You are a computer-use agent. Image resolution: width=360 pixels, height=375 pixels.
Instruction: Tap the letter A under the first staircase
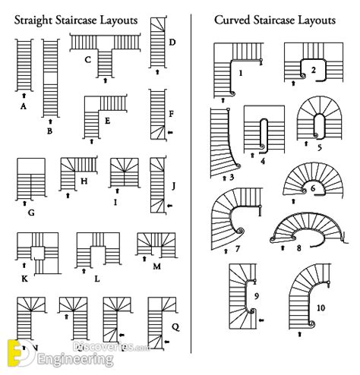[24, 107]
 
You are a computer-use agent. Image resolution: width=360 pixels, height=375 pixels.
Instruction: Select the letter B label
[50, 131]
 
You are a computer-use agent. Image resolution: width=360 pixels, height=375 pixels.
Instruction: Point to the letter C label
[88, 59]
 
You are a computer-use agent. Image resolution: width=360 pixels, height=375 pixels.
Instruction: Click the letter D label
[174, 42]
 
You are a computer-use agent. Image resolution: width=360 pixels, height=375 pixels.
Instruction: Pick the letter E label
[108, 121]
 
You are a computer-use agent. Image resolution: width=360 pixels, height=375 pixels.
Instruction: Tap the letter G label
[30, 213]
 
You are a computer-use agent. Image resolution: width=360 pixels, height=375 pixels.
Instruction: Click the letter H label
[84, 181]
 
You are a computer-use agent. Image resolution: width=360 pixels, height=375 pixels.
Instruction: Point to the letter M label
[156, 266]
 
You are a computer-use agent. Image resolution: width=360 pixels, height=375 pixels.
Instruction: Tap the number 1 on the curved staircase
[240, 74]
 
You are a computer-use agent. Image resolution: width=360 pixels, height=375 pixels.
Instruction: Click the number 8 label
[299, 246]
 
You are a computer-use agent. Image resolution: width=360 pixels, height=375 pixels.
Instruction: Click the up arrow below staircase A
[24, 94]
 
